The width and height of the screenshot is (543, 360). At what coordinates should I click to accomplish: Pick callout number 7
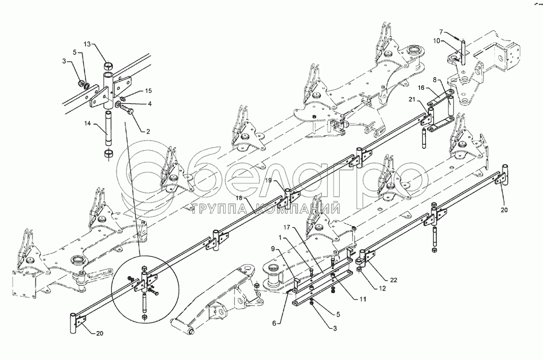pyautogui.click(x=441, y=31)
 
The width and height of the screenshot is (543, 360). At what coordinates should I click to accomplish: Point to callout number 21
pyautogui.click(x=411, y=99)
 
